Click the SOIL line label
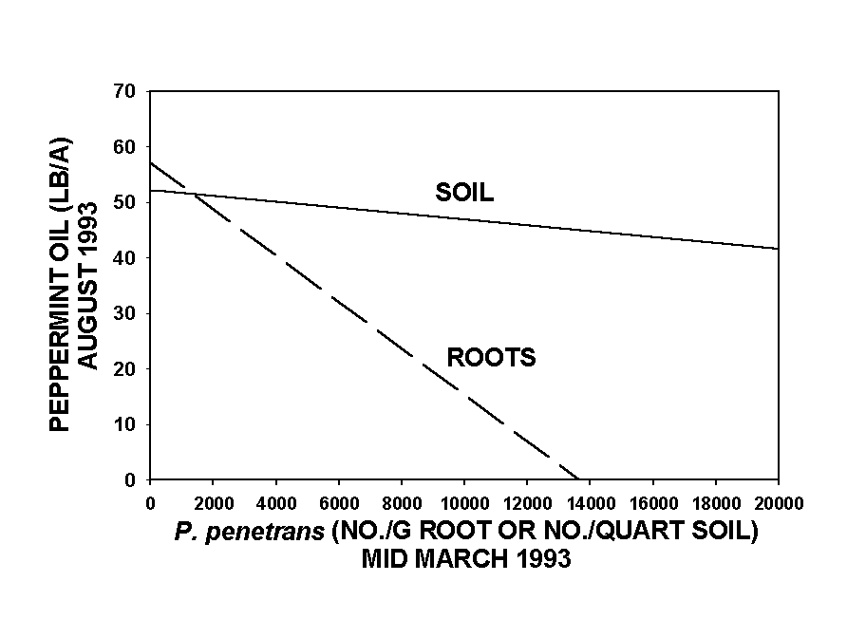pos(464,193)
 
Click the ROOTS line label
pos(491,358)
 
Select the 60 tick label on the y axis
pos(128,147)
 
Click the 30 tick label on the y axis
pos(128,313)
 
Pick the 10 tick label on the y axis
pos(128,424)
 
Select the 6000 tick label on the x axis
pos(338,500)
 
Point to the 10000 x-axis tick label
pos(464,500)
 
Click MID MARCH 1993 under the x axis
pos(465,559)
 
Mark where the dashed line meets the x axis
pos(578,479)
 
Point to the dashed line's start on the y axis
pos(150,162)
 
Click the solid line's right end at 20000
pos(779,249)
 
